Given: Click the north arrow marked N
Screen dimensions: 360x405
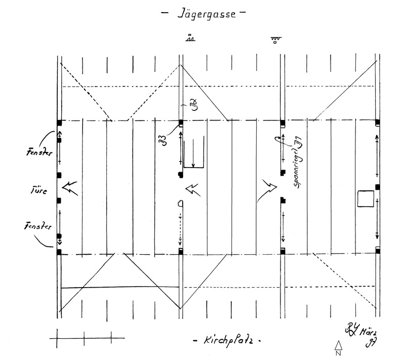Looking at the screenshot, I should pos(338,348).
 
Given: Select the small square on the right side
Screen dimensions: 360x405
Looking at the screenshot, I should pos(365,198).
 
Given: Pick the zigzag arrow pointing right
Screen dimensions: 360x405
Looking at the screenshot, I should pos(267,188).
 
